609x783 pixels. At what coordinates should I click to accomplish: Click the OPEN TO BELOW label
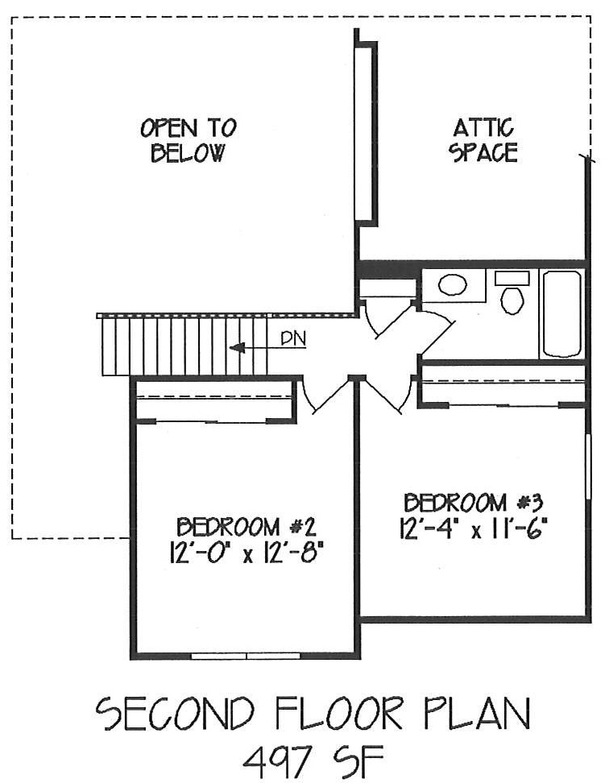tap(188, 140)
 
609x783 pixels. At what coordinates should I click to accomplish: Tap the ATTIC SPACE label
tap(483, 140)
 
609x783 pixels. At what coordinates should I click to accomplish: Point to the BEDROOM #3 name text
tap(473, 503)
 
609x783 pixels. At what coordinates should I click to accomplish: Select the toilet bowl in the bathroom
tap(512, 300)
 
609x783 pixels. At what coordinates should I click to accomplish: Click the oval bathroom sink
tap(453, 285)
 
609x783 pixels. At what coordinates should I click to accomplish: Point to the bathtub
tap(561, 313)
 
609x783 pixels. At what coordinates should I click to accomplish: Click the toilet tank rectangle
tap(512, 278)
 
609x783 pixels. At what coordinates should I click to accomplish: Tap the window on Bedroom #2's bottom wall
tap(246, 656)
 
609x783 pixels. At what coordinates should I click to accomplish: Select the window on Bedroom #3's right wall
tap(588, 466)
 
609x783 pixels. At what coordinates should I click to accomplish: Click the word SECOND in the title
tap(176, 714)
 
